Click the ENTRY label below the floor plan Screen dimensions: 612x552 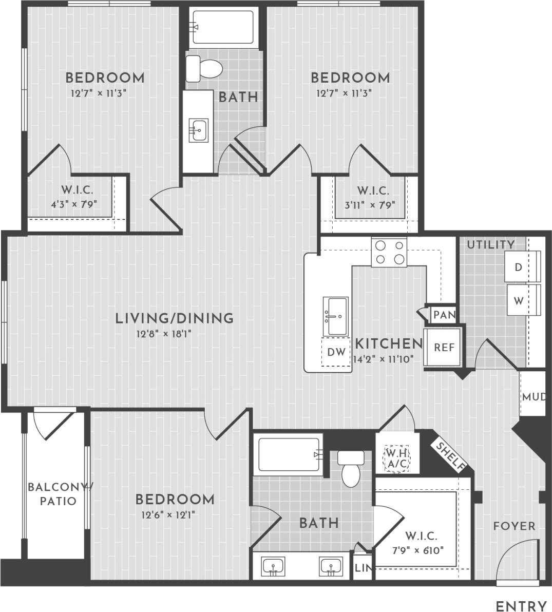(x=521, y=606)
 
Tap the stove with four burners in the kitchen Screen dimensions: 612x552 (x=389, y=252)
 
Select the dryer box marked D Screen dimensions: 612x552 (x=519, y=266)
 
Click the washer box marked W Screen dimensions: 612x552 (x=519, y=300)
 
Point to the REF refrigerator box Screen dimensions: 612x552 (x=444, y=348)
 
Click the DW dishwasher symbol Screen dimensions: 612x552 (x=336, y=352)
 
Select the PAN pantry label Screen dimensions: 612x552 (x=444, y=315)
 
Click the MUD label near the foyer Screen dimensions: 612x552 (x=534, y=397)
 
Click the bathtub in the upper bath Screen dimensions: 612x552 (x=222, y=27)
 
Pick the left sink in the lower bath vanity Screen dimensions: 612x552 (x=273, y=567)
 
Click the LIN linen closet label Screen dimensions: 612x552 (x=363, y=568)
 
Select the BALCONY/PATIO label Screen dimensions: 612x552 (x=53, y=494)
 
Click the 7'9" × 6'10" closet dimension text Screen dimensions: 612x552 (x=417, y=550)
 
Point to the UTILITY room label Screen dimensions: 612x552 (x=490, y=244)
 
